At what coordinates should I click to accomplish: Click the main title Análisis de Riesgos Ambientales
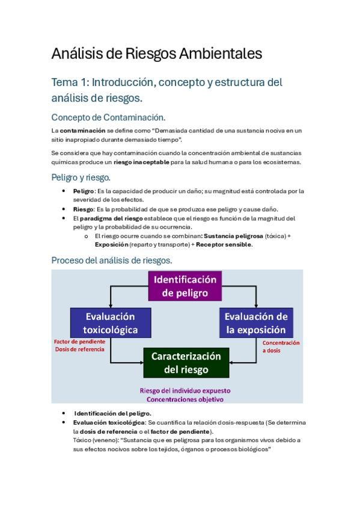tap(157, 54)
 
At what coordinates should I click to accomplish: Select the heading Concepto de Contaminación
tap(108, 117)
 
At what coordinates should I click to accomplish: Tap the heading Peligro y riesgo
tap(81, 177)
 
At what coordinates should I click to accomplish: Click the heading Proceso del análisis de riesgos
tap(112, 260)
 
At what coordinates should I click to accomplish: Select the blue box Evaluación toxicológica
tap(110, 323)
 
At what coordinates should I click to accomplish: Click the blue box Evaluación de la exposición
tap(255, 323)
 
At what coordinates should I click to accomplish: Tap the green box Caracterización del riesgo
tap(186, 363)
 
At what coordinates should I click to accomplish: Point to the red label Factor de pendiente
tap(80, 342)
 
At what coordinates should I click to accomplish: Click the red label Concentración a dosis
tap(281, 346)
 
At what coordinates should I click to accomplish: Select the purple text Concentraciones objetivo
tap(185, 399)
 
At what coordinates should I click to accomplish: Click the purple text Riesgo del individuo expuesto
tap(185, 390)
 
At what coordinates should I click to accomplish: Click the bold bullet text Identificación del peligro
tap(112, 413)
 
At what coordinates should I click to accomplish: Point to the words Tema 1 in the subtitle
tap(70, 82)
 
